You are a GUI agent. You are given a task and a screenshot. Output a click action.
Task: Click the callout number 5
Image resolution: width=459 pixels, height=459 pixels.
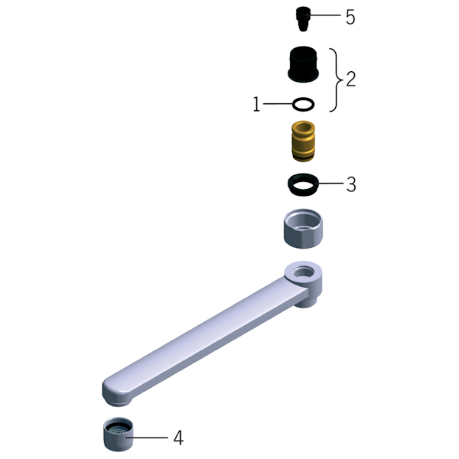point(350,17)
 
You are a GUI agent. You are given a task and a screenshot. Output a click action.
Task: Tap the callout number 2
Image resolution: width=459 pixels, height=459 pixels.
point(350,79)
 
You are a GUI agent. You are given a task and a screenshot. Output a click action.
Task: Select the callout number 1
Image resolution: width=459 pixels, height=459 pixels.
point(256,104)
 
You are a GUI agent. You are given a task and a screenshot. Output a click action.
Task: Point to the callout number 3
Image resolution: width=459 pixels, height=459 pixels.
point(351,184)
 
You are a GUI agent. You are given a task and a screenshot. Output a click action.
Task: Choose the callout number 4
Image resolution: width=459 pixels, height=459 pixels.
point(178,438)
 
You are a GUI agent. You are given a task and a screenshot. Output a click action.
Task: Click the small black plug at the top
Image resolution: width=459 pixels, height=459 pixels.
point(303,19)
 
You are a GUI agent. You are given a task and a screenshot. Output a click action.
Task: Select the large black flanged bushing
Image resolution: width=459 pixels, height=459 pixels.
point(303,63)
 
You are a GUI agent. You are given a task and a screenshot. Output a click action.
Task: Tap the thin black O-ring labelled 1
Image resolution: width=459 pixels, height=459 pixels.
point(303,104)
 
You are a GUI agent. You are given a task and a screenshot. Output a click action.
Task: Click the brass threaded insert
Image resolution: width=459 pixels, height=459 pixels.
point(303,141)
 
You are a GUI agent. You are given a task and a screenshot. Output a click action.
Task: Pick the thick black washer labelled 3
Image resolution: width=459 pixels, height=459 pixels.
point(303,184)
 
